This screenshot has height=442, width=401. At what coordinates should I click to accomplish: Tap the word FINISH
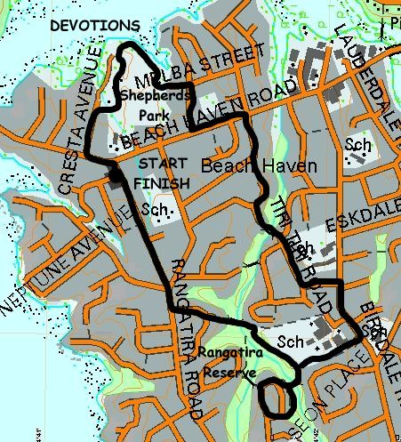tap(161, 182)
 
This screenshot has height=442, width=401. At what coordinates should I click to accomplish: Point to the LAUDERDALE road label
tap(367, 72)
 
